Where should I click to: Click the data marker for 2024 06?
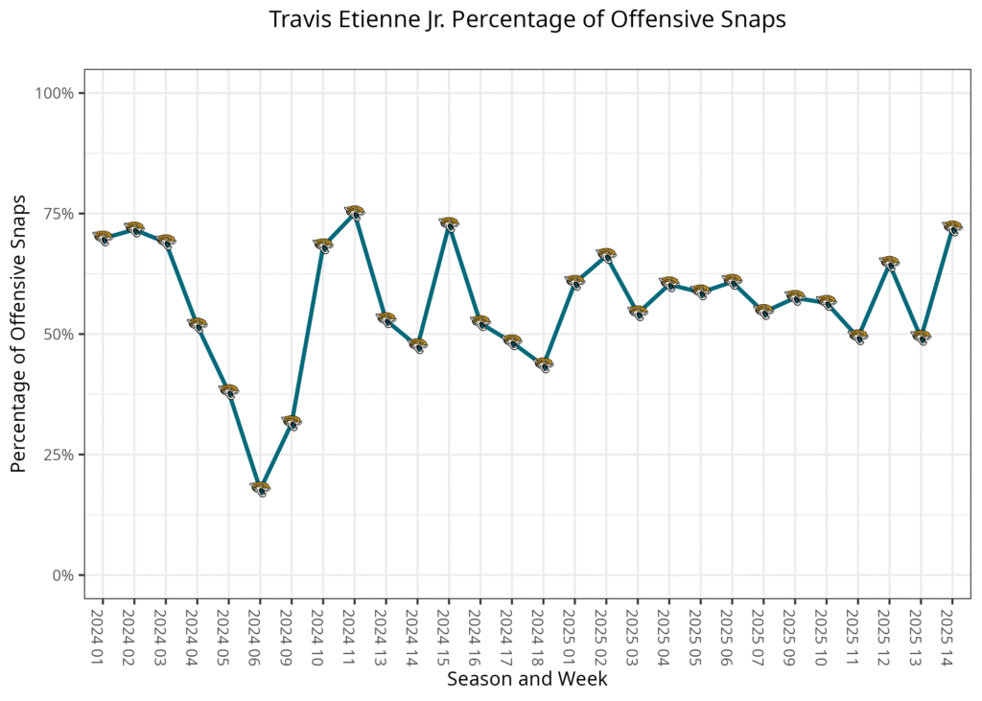260,488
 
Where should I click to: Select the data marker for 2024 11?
355,212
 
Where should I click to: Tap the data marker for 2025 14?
952,227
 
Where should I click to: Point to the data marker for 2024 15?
449,223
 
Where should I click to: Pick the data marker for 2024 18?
544,364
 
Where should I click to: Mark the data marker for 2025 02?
606,255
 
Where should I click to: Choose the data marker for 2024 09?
292,422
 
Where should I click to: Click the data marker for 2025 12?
890,263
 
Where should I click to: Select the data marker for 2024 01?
103,237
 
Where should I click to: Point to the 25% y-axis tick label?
59,455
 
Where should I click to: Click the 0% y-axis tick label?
63,575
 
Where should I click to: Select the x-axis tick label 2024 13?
386,631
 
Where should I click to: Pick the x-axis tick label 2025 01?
574,631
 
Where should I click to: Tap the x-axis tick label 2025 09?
795,631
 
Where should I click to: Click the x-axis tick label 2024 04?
197,631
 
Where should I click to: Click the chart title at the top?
527,20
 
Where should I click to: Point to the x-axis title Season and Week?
527,679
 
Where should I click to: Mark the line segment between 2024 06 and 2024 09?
276,455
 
